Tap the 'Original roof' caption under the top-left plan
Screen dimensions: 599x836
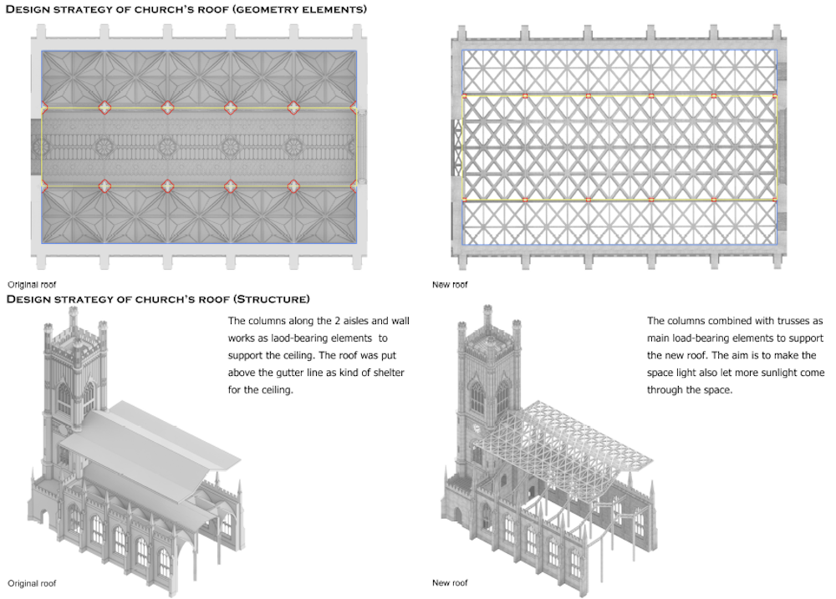32,285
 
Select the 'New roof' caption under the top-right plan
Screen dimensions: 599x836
451,285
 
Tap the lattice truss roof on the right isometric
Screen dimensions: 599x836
577,434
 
